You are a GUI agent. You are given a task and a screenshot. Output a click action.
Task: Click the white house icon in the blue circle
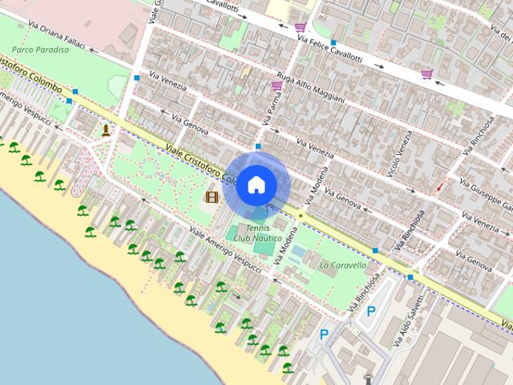(256, 184)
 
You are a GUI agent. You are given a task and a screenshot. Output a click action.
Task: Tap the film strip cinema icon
(212, 197)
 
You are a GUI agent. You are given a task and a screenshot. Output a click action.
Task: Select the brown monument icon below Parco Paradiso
(106, 129)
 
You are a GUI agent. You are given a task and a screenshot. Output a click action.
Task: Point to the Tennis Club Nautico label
(257, 233)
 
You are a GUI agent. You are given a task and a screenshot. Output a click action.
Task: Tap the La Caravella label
(343, 265)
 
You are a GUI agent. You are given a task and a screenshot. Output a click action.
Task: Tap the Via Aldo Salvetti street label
(408, 321)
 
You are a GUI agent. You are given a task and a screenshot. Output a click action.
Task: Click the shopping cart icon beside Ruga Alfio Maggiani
(277, 85)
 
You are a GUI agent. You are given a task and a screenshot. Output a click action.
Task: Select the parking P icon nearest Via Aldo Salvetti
(370, 312)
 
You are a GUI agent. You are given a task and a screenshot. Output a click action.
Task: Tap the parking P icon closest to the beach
(324, 334)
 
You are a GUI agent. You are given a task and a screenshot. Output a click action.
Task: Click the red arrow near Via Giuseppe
(438, 188)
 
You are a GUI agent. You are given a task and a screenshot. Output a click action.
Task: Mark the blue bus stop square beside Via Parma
(257, 147)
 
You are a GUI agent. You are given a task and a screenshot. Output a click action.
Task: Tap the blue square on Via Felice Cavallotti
(333, 42)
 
